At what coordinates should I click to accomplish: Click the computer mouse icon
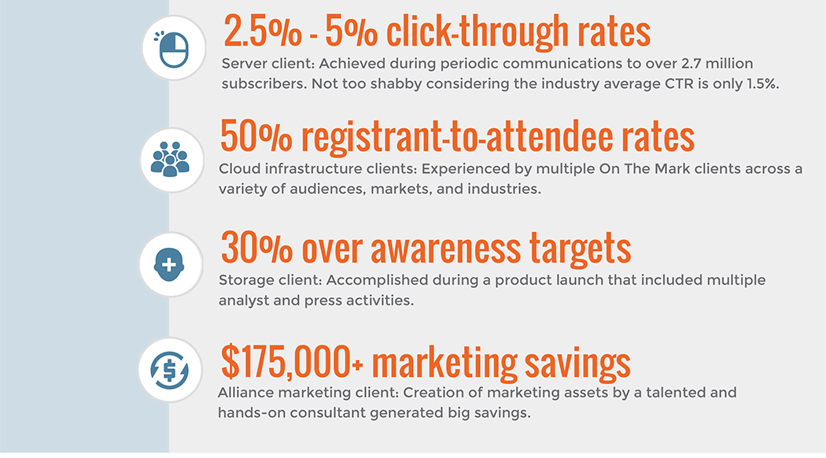pyautogui.click(x=173, y=49)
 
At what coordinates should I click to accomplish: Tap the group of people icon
pyautogui.click(x=170, y=159)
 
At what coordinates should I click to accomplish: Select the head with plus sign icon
pyautogui.click(x=169, y=264)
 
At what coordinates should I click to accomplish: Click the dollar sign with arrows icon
pyautogui.click(x=169, y=370)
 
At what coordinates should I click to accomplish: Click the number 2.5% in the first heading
pyautogui.click(x=263, y=31)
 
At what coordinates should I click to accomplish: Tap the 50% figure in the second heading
pyautogui.click(x=256, y=136)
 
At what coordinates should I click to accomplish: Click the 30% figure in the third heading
pyautogui.click(x=256, y=248)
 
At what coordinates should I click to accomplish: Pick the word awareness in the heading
pyautogui.click(x=446, y=249)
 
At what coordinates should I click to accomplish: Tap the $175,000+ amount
pyautogui.click(x=292, y=361)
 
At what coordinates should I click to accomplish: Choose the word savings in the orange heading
pyautogui.click(x=577, y=364)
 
